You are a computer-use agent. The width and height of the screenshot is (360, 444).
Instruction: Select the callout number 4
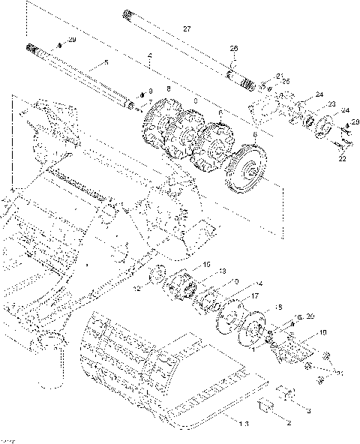150,55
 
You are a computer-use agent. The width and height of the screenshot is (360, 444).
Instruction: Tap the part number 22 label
342,159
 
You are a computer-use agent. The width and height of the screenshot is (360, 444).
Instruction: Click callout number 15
207,265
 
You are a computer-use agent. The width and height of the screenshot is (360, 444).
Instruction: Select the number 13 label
222,271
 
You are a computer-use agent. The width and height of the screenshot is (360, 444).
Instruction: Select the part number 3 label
307,410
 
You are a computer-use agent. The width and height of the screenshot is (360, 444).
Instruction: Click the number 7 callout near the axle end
150,101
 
